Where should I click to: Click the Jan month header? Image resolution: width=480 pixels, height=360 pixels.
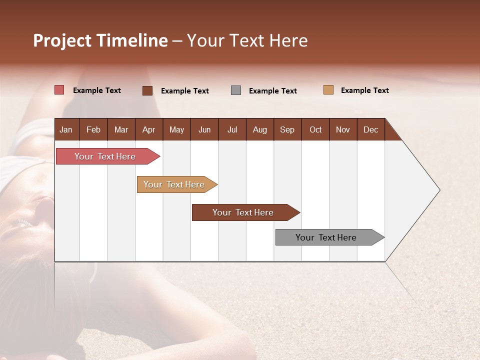(66, 129)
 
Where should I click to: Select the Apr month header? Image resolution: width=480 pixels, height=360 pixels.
(148, 129)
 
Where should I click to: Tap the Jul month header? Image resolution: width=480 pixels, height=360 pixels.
(232, 129)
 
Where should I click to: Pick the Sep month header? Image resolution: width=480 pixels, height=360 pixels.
(287, 129)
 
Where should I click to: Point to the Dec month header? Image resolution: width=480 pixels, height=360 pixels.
(370, 129)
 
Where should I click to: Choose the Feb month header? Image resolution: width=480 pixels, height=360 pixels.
(93, 129)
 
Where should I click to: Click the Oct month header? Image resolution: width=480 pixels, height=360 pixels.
(315, 129)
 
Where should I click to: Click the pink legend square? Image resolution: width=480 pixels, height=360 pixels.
(59, 90)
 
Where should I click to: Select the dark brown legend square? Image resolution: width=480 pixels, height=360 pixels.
(147, 90)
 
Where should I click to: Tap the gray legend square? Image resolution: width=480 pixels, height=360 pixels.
(236, 90)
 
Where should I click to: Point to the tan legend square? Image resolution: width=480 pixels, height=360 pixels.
(328, 90)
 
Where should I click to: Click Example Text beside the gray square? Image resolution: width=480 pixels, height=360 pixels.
(272, 91)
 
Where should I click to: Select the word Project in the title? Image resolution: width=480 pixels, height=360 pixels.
(62, 40)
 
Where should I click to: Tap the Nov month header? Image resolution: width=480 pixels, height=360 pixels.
(343, 129)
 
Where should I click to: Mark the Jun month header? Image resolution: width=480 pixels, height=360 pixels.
(204, 129)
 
